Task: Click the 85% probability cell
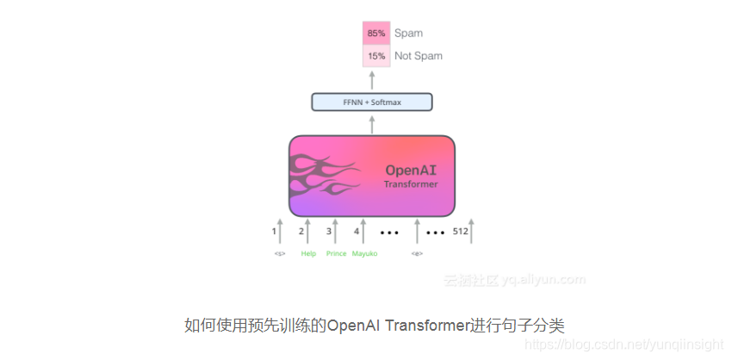pyautogui.click(x=376, y=34)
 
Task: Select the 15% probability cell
pyautogui.click(x=376, y=56)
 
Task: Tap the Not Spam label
pyautogui.click(x=419, y=56)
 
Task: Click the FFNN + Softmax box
pyautogui.click(x=371, y=102)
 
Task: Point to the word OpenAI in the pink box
pyautogui.click(x=411, y=170)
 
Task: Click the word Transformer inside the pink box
pyautogui.click(x=411, y=184)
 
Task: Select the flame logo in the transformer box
pyautogui.click(x=322, y=176)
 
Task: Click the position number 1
pyautogui.click(x=274, y=231)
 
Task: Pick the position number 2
pyautogui.click(x=301, y=231)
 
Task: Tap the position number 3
pyautogui.click(x=329, y=231)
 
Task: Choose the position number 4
pyautogui.click(x=357, y=231)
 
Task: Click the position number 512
pyautogui.click(x=460, y=231)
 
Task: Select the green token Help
pyautogui.click(x=308, y=254)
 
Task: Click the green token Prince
pyautogui.click(x=336, y=254)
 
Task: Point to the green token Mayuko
pyautogui.click(x=364, y=254)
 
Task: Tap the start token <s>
pyautogui.click(x=280, y=254)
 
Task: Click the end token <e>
pyautogui.click(x=417, y=254)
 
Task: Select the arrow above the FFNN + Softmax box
pyautogui.click(x=372, y=80)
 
